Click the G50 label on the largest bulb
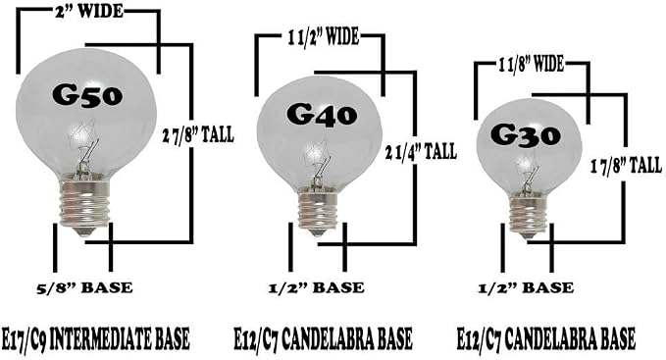pyautogui.click(x=87, y=95)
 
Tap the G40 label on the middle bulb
pyautogui.click(x=322, y=115)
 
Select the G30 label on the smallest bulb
pyautogui.click(x=526, y=135)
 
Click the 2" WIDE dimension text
pyautogui.click(x=89, y=12)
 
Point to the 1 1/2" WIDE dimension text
pyautogui.click(x=324, y=36)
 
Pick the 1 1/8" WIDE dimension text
pyautogui.click(x=532, y=65)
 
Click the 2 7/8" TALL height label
pyautogui.click(x=198, y=135)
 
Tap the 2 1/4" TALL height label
pyautogui.click(x=421, y=152)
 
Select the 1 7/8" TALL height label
pyautogui.click(x=626, y=165)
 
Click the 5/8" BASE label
pyautogui.click(x=84, y=287)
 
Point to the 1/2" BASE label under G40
pyautogui.click(x=317, y=287)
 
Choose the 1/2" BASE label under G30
pyautogui.click(x=526, y=287)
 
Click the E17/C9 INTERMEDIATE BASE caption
pyautogui.click(x=95, y=338)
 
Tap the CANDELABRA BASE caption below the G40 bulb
pyautogui.click(x=346, y=338)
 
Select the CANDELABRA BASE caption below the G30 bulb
pyautogui.click(x=570, y=338)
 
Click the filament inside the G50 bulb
pyautogui.click(x=85, y=146)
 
